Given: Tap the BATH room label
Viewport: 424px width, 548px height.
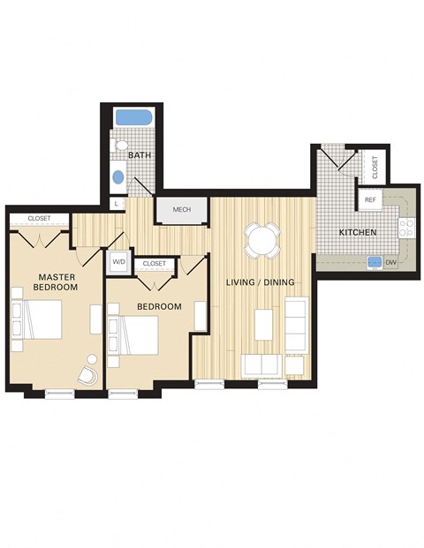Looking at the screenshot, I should point(139,155).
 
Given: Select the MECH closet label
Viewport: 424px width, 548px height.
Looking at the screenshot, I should point(181,210).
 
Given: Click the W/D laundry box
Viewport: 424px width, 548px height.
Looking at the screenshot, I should point(117,262).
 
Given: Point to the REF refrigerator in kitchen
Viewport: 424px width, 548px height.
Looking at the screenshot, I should point(371,200).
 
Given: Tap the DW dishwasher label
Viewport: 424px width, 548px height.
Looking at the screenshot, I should point(390,261).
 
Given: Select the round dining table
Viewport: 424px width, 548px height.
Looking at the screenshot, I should point(262,239).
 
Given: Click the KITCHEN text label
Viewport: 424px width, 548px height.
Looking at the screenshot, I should point(359,232).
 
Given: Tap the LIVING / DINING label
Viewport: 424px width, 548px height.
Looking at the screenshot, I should point(260,282).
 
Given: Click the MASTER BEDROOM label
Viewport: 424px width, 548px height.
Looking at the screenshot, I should point(56,282).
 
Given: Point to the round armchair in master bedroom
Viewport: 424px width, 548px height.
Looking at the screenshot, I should point(89,372).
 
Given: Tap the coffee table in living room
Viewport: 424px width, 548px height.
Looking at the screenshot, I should point(264,325).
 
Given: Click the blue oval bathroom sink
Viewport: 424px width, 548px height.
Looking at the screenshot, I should point(118,176).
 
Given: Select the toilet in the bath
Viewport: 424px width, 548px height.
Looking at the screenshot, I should point(121,146).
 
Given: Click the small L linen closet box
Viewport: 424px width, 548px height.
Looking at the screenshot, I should point(116,204).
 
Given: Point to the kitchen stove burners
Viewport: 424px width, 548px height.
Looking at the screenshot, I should point(407,228).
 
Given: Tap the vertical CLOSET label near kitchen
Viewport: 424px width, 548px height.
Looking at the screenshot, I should point(375,168).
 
